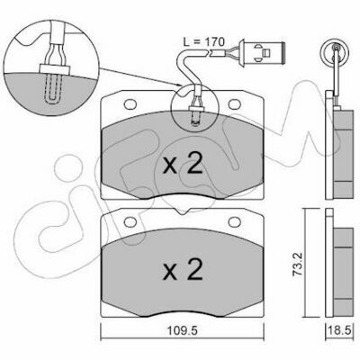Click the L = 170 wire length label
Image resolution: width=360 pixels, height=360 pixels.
click(x=203, y=42)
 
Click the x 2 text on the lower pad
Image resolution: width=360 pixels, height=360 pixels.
click(x=183, y=269)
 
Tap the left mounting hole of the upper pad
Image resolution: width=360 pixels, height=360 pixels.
click(x=130, y=104)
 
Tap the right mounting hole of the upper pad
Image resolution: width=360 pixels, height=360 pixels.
click(x=235, y=103)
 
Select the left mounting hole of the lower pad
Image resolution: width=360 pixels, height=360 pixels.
click(x=130, y=222)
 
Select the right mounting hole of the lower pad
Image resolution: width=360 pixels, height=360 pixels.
click(x=235, y=222)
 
